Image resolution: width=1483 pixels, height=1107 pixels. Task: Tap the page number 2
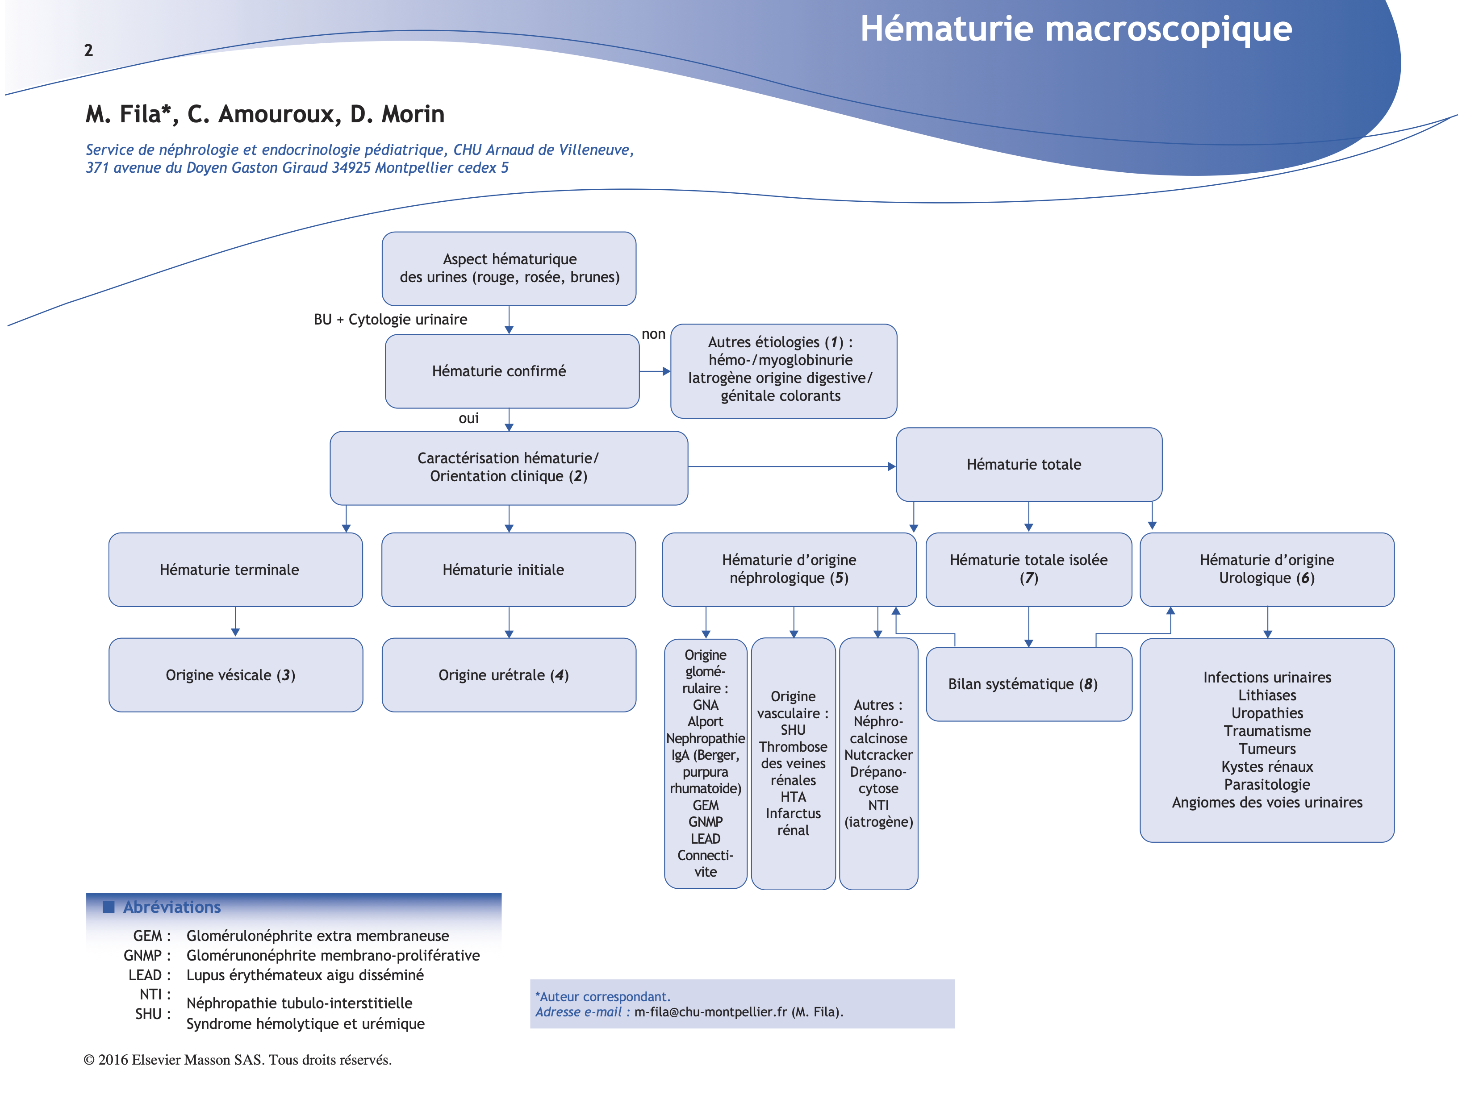pos(88,50)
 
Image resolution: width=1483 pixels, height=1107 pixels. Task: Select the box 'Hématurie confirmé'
pos(512,371)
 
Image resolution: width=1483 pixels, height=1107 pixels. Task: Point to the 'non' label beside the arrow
pos(653,334)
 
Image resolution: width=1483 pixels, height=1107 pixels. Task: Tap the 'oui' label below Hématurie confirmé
pos(468,418)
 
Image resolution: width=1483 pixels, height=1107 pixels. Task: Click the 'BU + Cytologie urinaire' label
pos(390,319)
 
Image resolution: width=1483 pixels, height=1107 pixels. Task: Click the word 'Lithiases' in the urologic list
pos(1266,695)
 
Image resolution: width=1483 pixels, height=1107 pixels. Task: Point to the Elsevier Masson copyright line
pos(238,1059)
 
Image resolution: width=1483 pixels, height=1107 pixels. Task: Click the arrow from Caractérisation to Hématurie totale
pos(791,466)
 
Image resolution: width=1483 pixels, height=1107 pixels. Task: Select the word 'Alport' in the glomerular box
pos(705,722)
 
